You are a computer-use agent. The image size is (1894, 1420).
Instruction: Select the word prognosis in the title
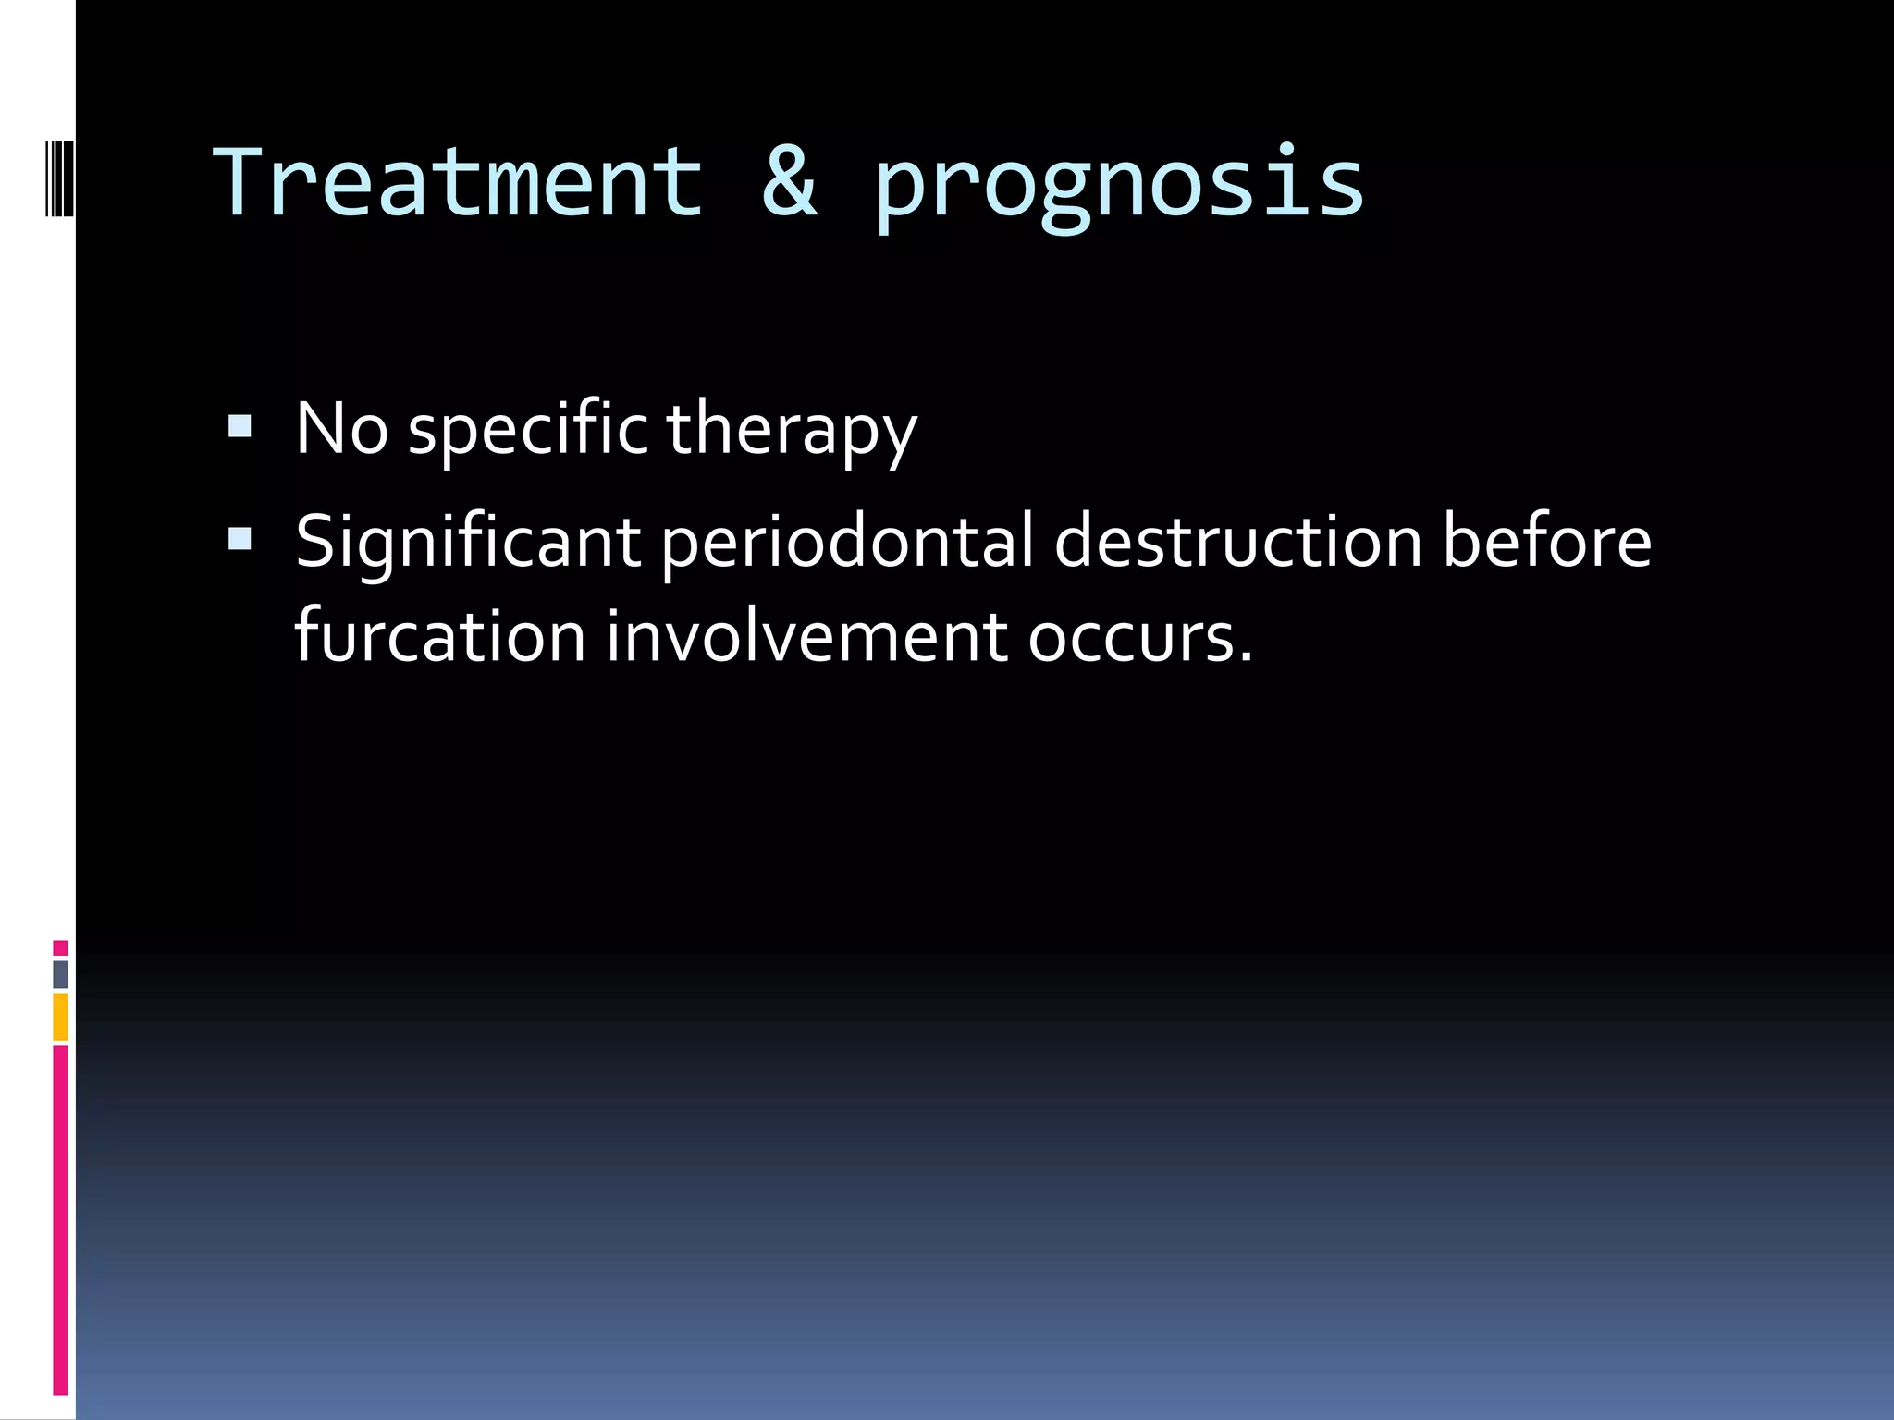point(1119,185)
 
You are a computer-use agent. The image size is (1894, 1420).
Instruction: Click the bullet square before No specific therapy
point(240,426)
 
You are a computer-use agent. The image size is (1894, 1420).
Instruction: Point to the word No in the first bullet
point(341,429)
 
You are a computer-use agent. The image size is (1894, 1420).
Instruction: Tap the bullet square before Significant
point(240,539)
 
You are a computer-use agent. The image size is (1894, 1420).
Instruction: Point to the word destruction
point(1237,542)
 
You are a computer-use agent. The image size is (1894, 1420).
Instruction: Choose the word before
point(1546,542)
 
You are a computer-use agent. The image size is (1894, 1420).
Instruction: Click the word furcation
point(440,637)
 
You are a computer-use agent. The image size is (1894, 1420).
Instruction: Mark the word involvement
point(806,637)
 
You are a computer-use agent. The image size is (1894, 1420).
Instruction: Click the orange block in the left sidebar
point(60,1017)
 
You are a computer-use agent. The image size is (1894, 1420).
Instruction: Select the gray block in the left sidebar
point(60,973)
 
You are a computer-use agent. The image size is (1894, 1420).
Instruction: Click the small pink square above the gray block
point(60,948)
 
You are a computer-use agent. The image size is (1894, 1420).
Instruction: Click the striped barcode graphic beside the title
point(60,176)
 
